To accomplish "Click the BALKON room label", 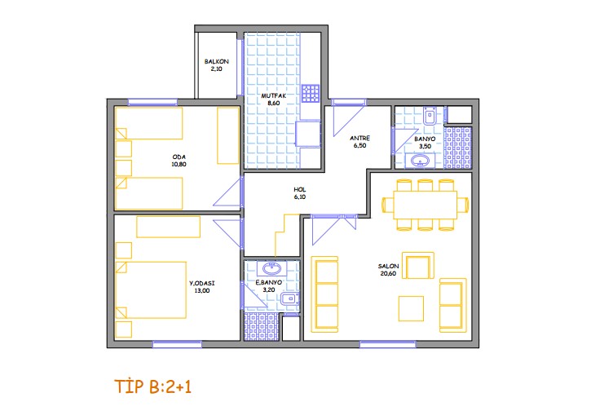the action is tap(216, 61).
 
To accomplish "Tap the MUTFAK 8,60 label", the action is tap(274, 99).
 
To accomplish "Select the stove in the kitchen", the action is tap(311, 94).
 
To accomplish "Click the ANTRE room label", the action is tap(359, 139).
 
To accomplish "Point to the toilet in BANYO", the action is tap(430, 116).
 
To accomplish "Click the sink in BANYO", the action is tap(420, 161).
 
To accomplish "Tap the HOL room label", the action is tap(300, 190).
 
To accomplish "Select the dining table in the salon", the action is tap(426, 205).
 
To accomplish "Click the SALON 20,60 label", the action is tap(388, 270).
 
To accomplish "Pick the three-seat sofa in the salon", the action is tap(326, 294).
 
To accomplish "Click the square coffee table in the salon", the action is tap(411, 308).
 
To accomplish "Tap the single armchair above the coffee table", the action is tap(418, 266).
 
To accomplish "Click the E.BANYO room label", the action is tap(269, 283).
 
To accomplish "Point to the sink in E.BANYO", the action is tap(271, 269).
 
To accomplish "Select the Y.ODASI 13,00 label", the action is tap(202, 287).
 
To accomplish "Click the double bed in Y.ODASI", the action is tap(151, 290).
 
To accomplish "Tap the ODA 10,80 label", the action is tap(179, 161).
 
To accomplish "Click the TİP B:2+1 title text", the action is tap(152, 386).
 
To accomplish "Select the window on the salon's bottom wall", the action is tap(388, 344).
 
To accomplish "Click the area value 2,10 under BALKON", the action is tap(216, 69).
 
